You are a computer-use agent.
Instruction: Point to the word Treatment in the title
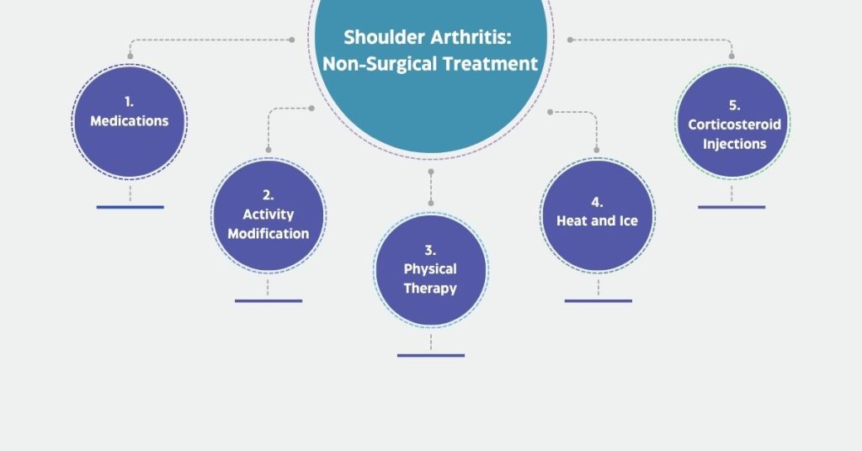coord(491,64)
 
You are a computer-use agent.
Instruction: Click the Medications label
coord(129,121)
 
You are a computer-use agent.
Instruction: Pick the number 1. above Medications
coord(129,102)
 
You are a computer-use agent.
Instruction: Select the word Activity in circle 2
coord(269,215)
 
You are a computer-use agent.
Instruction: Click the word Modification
coord(269,233)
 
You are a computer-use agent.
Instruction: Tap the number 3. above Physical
coord(430,251)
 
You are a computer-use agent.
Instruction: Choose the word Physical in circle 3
coord(430,269)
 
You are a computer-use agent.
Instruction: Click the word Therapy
coord(430,289)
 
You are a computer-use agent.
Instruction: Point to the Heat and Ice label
coord(597,220)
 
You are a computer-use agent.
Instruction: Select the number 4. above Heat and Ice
coord(597,202)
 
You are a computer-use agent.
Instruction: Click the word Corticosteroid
coord(734,125)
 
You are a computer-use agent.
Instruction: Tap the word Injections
coord(734,144)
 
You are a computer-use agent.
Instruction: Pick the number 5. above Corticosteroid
coord(734,105)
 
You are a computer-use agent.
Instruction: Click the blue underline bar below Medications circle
coord(130,207)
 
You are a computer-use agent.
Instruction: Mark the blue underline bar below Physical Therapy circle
coord(431,355)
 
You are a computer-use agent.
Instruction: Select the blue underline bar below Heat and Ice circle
coord(599,301)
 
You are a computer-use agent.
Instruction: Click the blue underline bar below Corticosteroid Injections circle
coord(732,207)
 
